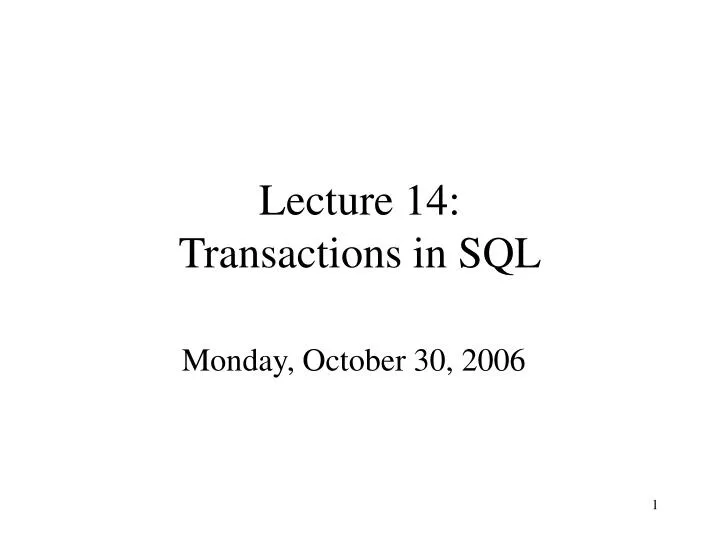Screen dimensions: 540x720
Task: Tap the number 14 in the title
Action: [428, 203]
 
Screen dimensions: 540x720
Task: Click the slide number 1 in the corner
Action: [655, 505]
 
